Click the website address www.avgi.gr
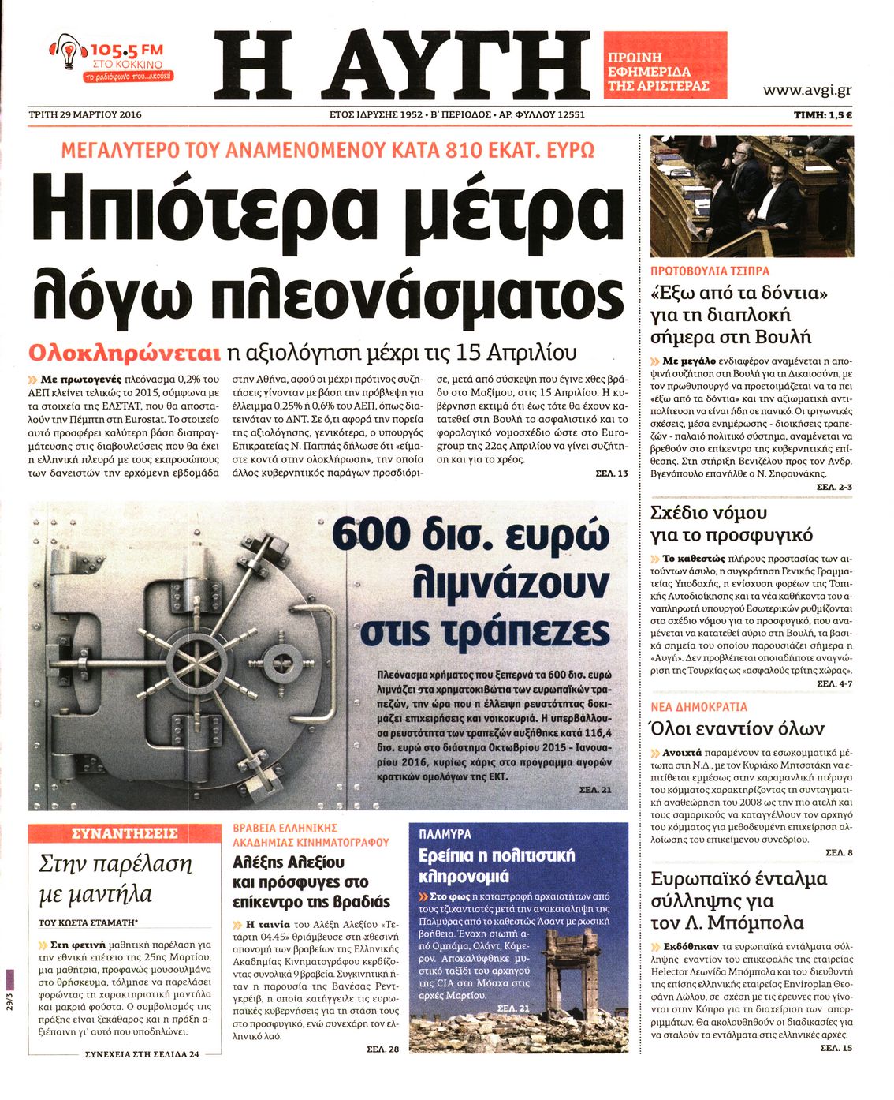click(x=806, y=90)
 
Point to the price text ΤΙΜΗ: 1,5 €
click(x=822, y=115)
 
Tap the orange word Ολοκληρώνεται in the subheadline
click(x=124, y=352)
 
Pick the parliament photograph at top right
click(x=751, y=196)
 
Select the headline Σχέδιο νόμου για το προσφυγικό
click(x=731, y=524)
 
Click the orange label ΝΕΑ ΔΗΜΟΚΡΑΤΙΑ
click(x=698, y=707)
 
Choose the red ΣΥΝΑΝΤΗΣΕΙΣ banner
click(x=125, y=833)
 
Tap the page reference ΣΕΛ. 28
click(x=383, y=1049)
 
